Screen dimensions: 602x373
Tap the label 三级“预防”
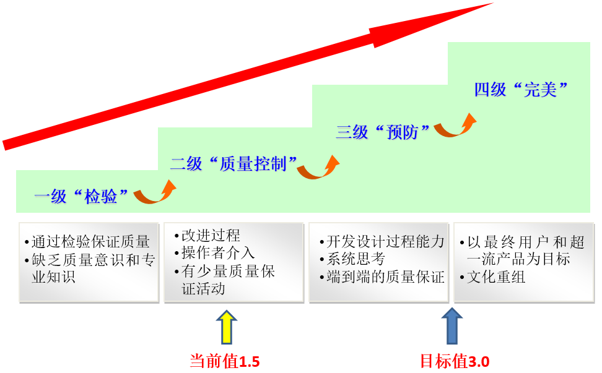click(x=383, y=132)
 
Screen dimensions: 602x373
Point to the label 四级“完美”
click(x=521, y=90)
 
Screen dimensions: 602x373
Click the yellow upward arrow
click(x=226, y=327)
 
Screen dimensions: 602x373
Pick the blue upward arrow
click(x=452, y=327)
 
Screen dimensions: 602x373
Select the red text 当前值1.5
click(x=224, y=361)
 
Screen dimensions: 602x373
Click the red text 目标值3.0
click(x=455, y=361)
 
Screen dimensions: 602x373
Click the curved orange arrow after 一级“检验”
click(x=155, y=192)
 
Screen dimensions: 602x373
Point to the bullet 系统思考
click(x=356, y=259)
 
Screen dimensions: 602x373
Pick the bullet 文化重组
click(x=496, y=277)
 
